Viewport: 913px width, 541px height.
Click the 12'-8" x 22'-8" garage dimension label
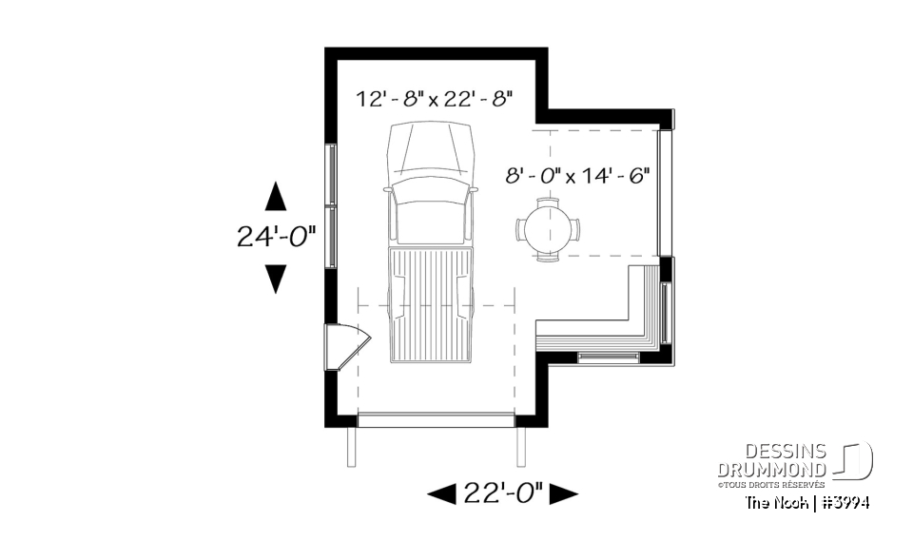435,97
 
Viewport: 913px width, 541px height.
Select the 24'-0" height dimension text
276,236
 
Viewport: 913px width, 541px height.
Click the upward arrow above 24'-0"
276,196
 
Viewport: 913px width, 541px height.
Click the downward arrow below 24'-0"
276,278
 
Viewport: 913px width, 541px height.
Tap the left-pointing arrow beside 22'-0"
442,493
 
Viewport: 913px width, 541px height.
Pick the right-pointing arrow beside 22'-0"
564,493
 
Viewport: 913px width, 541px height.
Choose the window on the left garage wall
330,204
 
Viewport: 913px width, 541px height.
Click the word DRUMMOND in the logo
771,469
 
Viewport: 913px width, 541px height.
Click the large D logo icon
856,460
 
